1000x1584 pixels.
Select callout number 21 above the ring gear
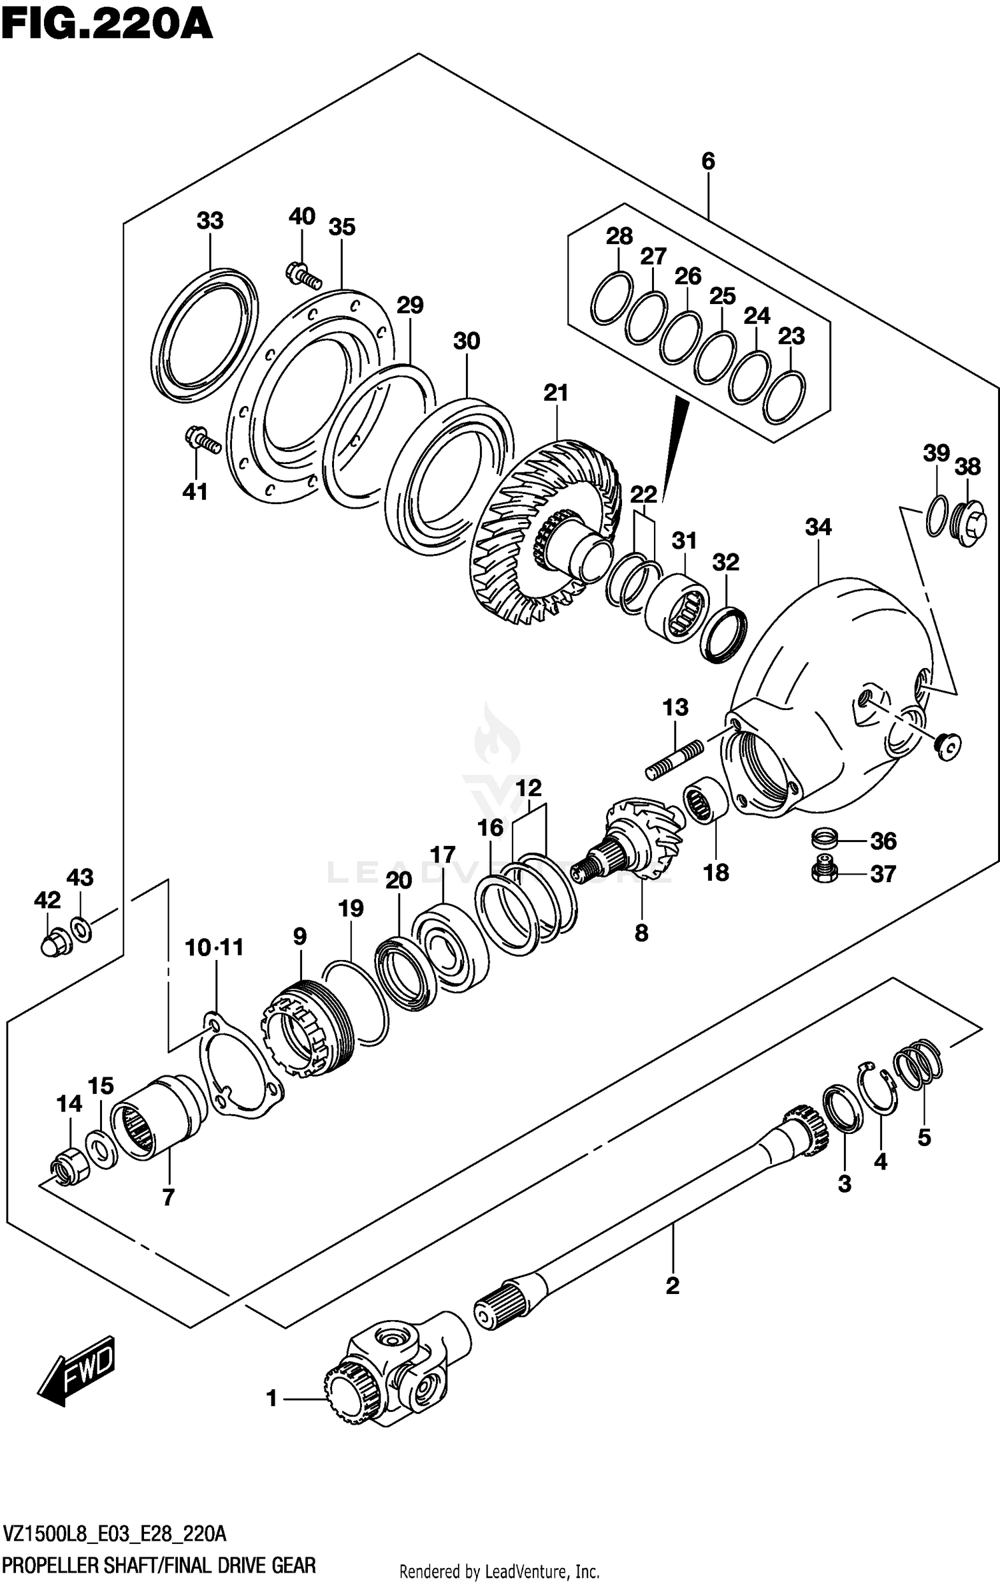pos(555,393)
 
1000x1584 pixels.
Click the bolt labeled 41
pos(203,441)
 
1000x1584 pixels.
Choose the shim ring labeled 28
pos(611,299)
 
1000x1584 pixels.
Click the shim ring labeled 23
pos(783,398)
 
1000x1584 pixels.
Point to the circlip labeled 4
pos(879,1091)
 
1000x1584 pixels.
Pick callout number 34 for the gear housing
pos(818,527)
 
